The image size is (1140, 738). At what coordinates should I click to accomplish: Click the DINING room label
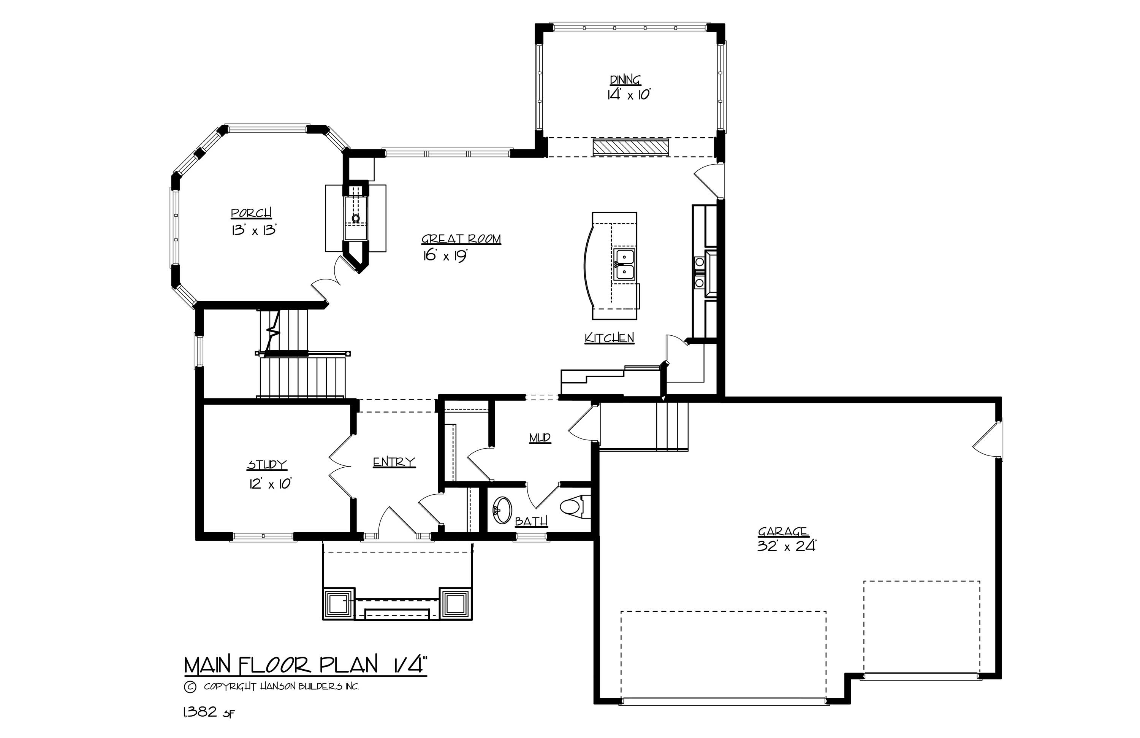(x=625, y=79)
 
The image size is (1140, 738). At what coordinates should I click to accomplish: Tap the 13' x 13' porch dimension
(x=254, y=230)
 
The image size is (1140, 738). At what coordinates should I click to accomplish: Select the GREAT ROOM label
(x=461, y=239)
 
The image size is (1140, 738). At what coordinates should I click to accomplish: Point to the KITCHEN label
(x=609, y=338)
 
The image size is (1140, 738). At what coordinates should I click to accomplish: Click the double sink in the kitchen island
(x=625, y=264)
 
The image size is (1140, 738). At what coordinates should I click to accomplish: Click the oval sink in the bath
(x=502, y=510)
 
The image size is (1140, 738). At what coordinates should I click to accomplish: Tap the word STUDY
(x=267, y=464)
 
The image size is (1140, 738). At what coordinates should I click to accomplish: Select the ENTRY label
(x=394, y=462)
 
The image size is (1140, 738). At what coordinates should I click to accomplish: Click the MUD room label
(x=540, y=438)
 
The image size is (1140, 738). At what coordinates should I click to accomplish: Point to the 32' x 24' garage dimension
(x=786, y=546)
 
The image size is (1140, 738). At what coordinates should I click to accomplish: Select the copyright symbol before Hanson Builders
(x=190, y=687)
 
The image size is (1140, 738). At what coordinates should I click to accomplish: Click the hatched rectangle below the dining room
(x=630, y=147)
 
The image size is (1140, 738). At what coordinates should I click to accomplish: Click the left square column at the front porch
(x=339, y=603)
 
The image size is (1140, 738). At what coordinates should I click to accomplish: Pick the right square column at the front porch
(x=456, y=603)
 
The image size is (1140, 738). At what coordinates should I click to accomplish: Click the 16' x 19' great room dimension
(x=445, y=256)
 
